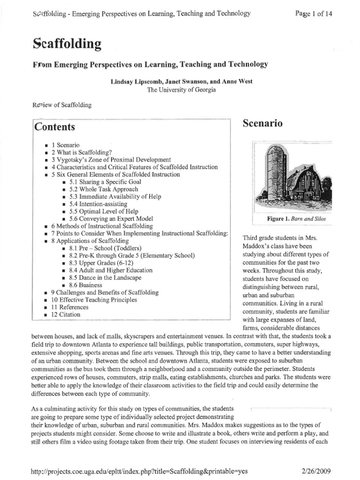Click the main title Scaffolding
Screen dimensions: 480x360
click(67, 44)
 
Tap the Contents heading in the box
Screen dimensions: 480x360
click(54, 127)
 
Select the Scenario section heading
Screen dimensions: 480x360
click(263, 124)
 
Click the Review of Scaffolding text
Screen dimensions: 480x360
click(62, 105)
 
